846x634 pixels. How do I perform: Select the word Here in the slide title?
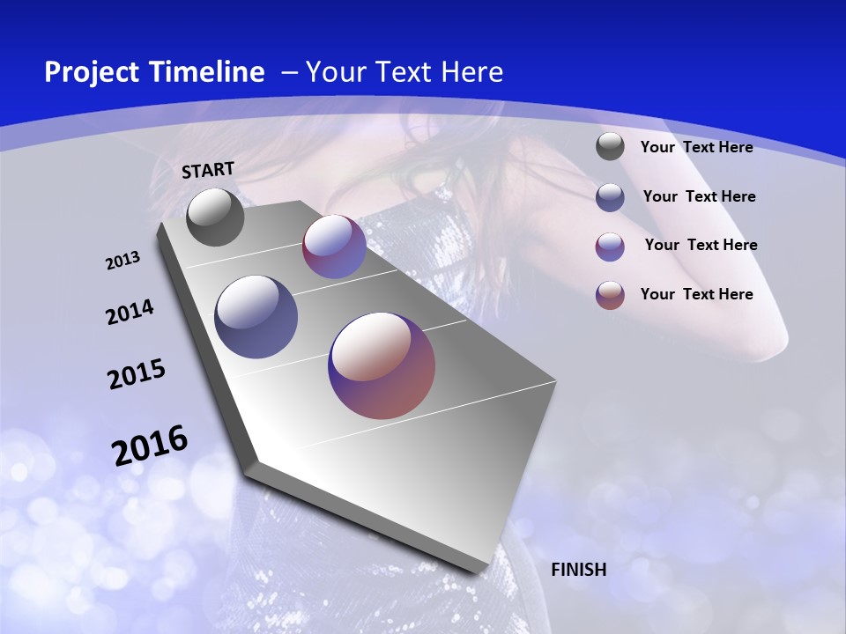(x=472, y=72)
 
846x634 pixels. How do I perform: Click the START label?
(x=208, y=170)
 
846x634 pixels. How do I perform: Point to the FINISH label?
(x=579, y=570)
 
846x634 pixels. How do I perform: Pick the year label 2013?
(x=123, y=261)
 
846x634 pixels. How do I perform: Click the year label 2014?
(x=130, y=313)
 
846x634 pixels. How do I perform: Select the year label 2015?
(x=137, y=374)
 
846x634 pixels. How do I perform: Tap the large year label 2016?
(x=150, y=446)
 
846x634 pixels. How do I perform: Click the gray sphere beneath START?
(x=215, y=217)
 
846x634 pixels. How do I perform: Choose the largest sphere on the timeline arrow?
(x=382, y=365)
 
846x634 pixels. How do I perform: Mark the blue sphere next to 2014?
(x=256, y=317)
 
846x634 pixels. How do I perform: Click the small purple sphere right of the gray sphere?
(x=334, y=247)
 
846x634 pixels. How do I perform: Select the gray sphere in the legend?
(x=610, y=146)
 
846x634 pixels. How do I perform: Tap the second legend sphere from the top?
(x=610, y=197)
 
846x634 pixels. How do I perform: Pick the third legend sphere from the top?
(x=610, y=247)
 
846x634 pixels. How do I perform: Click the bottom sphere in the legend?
(x=610, y=295)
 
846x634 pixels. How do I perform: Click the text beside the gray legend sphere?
(x=696, y=147)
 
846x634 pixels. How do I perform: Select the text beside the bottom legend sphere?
(x=696, y=294)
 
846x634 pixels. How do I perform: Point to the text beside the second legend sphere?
(x=699, y=196)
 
